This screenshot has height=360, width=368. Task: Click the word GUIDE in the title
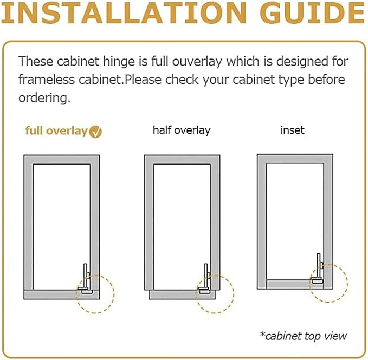click(313, 13)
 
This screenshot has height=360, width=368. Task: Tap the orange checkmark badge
click(95, 132)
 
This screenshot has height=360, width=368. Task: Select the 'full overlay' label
click(56, 131)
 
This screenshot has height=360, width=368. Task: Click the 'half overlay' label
click(182, 130)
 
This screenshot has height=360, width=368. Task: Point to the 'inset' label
click(293, 130)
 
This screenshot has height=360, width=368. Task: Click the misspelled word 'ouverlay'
click(197, 62)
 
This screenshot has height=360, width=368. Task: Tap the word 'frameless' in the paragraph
click(47, 80)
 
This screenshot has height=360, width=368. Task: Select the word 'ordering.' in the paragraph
click(44, 99)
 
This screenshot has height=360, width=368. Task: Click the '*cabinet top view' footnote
click(303, 336)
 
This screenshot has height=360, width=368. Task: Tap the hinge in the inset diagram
click(318, 269)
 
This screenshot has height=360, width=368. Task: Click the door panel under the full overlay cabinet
click(61, 294)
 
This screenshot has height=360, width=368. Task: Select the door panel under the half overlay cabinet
click(182, 294)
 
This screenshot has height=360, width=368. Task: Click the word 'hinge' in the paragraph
click(119, 62)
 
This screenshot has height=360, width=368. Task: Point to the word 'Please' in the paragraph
click(143, 80)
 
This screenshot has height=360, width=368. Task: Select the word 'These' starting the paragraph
click(36, 61)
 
